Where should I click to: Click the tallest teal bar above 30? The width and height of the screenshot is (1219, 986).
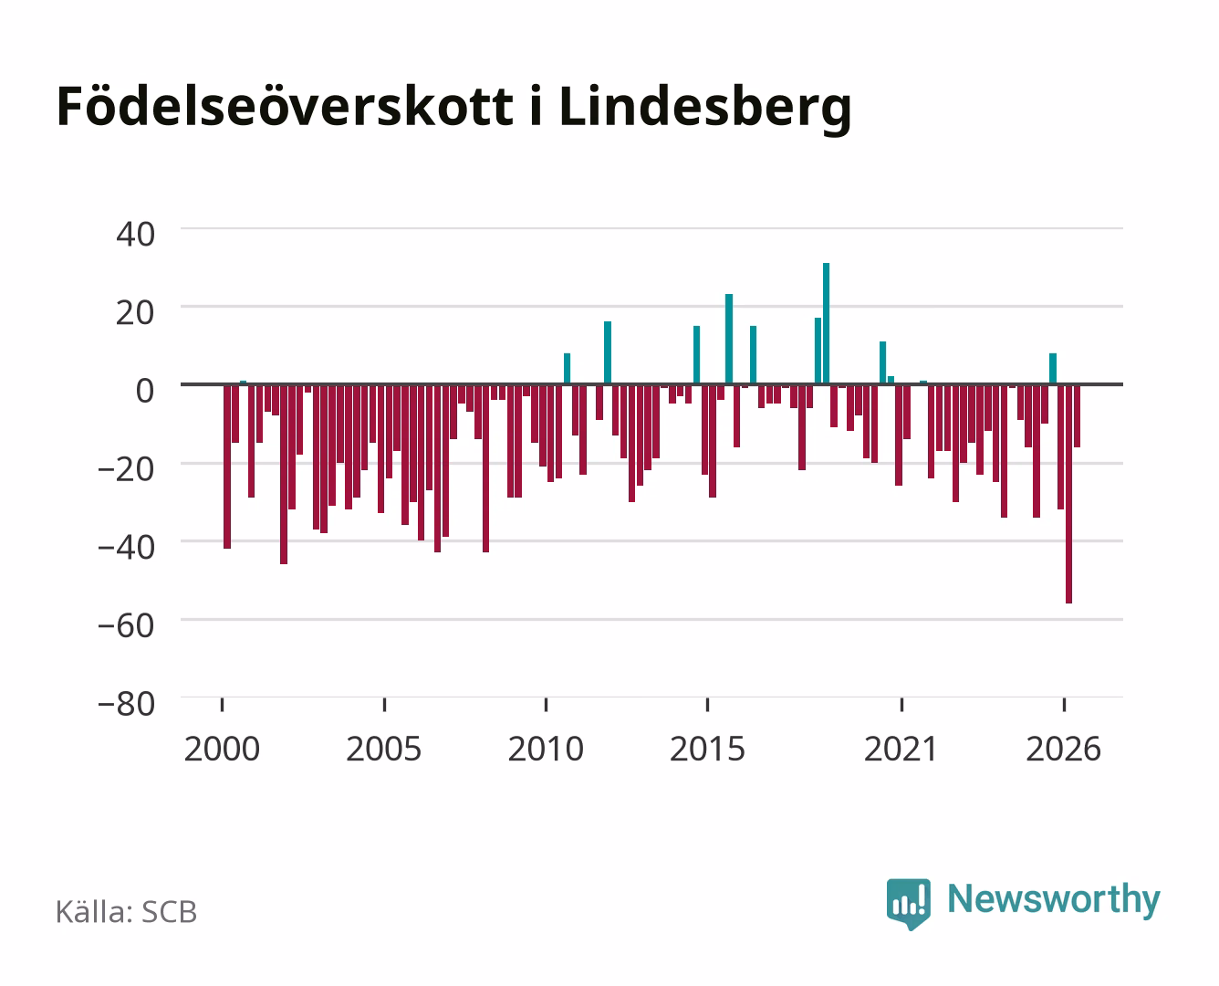826,323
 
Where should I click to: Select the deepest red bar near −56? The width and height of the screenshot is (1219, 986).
1068,494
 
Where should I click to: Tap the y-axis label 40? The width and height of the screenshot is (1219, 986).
135,235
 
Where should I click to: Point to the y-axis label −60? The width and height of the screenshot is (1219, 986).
126,625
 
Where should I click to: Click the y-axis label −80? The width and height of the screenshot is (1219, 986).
126,704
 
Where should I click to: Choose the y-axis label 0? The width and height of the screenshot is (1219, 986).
145,391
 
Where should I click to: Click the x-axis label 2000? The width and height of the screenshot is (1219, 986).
222,749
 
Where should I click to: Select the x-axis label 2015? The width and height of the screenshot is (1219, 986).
707,749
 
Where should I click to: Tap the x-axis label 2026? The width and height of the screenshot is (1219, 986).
1063,749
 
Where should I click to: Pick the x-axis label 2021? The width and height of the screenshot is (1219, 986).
901,749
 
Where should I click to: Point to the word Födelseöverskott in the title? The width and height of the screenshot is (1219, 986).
285,106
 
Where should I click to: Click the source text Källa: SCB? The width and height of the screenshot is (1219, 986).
127,912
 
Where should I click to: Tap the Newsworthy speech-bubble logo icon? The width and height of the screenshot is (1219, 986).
908,904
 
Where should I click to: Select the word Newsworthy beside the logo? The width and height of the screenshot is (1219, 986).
1054,900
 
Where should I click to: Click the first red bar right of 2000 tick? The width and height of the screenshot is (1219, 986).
227,467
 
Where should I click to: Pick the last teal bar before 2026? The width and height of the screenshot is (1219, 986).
1052,369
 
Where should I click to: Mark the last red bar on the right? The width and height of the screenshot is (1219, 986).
1077,415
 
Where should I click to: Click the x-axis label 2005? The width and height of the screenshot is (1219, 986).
384,749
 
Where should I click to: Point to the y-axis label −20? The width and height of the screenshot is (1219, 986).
126,469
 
